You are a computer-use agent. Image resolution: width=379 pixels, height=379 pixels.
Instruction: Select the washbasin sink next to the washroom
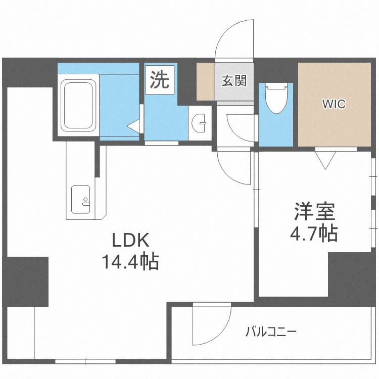click(x=200, y=122)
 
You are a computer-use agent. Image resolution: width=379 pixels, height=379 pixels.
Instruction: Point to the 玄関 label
click(x=233, y=80)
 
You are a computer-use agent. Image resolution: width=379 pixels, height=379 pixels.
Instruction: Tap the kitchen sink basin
click(x=80, y=200)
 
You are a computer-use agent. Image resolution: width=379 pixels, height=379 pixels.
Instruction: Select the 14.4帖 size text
click(x=130, y=262)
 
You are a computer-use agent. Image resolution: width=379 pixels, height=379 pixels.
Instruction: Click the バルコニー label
click(x=271, y=332)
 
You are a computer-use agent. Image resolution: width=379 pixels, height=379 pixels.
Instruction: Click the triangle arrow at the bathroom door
click(x=133, y=126)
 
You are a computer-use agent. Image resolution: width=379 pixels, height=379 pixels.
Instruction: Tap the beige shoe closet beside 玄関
click(x=205, y=81)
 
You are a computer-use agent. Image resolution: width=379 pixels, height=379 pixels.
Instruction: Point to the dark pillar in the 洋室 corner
click(x=352, y=273)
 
